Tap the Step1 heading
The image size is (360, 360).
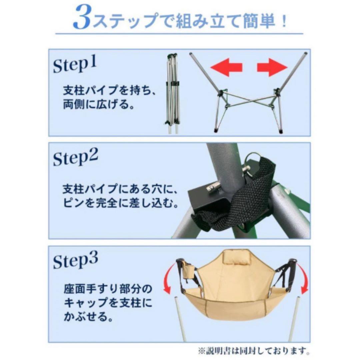(x=75, y=65)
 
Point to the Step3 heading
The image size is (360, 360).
(x=76, y=261)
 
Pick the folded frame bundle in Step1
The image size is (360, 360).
(x=172, y=93)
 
